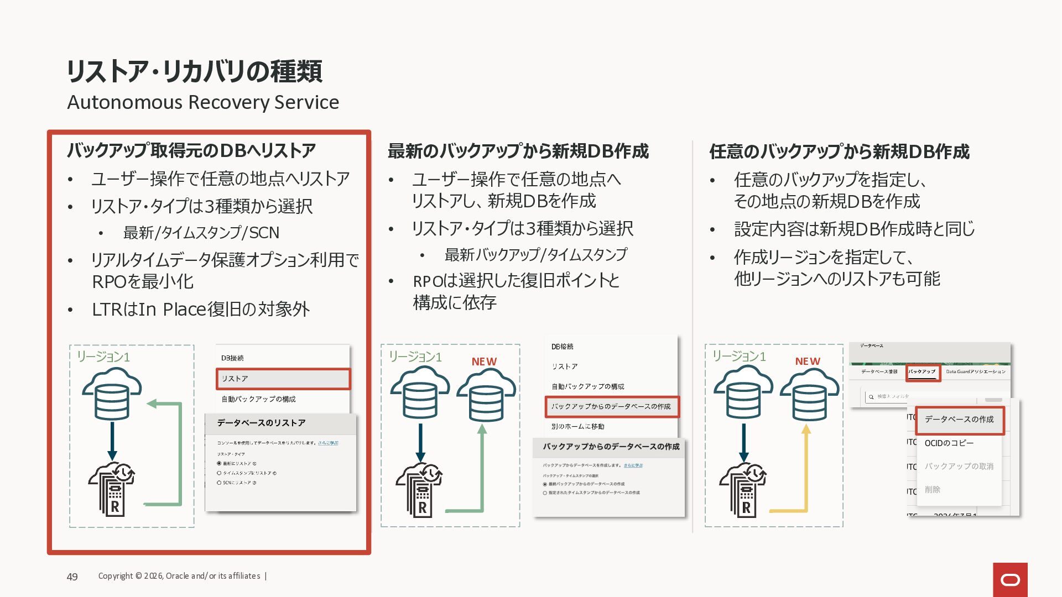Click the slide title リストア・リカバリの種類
pos(194,71)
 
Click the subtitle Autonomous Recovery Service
pos(203,102)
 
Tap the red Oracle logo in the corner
pos(1010,579)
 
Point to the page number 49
pos(72,577)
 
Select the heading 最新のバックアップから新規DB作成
pos(518,151)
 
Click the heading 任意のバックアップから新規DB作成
pos(839,151)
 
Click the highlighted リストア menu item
pos(283,379)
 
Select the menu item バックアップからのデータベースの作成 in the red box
pos(611,406)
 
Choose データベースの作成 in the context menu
pos(959,420)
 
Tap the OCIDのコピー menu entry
pos(949,443)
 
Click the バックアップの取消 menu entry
pos(959,467)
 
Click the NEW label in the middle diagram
pos(484,362)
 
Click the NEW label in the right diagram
pos(808,362)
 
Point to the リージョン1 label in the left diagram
pos(103,357)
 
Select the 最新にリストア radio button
pos(219,463)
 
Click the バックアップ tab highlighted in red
pos(922,372)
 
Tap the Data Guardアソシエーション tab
pos(976,371)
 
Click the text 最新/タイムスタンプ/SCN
pos(201,233)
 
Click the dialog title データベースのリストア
pos(261,423)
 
